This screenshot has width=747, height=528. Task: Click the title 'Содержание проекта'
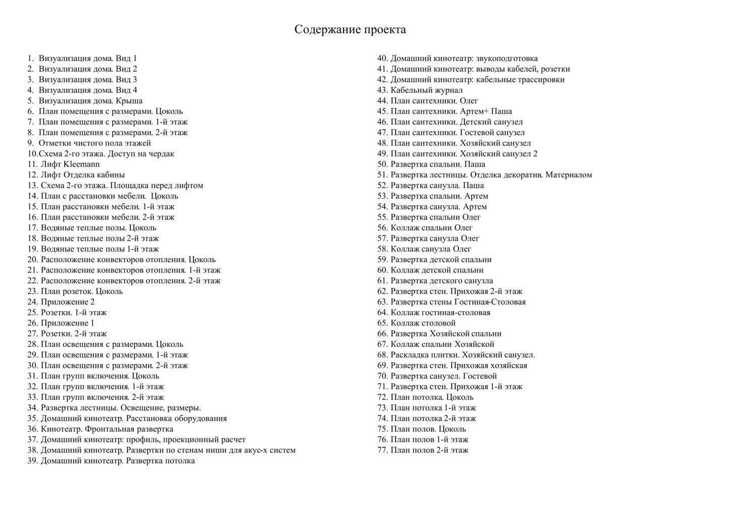click(350, 30)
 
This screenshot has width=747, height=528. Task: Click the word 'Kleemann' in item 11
click(81, 164)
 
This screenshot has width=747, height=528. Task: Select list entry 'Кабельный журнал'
click(426, 90)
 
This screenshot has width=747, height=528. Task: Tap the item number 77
click(382, 450)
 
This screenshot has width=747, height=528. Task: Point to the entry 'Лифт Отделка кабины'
click(83, 175)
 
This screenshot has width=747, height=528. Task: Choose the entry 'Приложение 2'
click(68, 302)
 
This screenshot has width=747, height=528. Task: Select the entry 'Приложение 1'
click(68, 323)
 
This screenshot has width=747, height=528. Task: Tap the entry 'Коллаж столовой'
click(423, 323)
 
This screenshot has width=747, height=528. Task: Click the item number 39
click(33, 461)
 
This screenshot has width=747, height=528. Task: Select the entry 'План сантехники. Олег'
click(434, 101)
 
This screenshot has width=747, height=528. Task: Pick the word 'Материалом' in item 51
click(568, 175)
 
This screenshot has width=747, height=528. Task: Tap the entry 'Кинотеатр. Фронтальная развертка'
click(107, 429)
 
